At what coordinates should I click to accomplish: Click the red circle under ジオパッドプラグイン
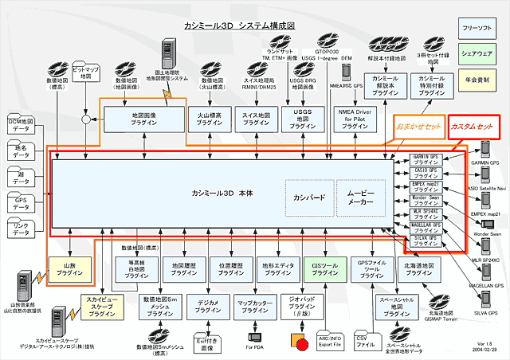(301, 343)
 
